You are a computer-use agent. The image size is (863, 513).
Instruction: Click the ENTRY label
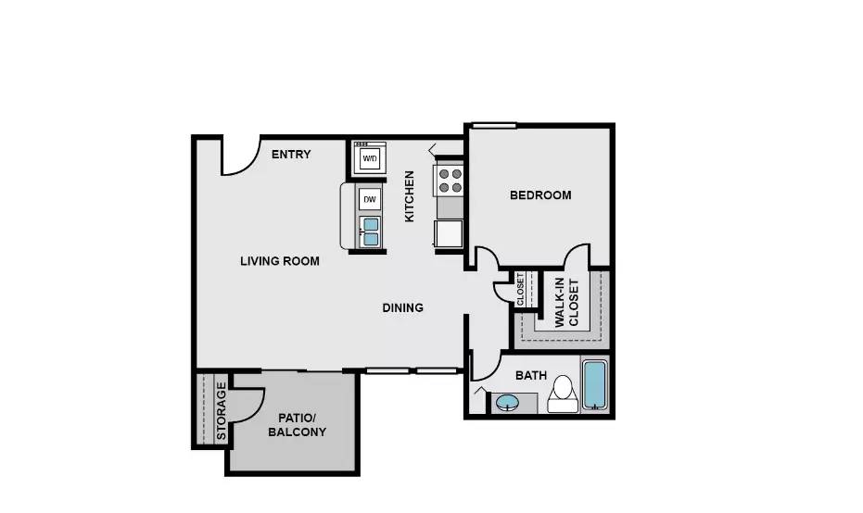coord(290,155)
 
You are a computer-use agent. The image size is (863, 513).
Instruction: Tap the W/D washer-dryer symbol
coord(370,159)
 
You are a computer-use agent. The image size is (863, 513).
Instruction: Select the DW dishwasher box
coord(370,199)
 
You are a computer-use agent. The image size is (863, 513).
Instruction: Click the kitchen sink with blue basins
coord(370,231)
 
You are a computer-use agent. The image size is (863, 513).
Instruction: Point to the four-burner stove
coord(451,180)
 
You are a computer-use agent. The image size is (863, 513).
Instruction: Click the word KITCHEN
coord(409,196)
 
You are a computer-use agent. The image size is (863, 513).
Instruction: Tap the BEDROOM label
coord(540,195)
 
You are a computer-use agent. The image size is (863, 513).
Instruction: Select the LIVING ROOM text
coord(279,261)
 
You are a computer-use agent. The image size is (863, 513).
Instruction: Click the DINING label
coord(403,307)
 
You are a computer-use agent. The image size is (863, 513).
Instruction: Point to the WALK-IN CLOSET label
coord(566,303)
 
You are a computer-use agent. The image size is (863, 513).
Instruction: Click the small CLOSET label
coord(520,288)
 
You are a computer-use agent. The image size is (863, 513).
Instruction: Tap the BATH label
coord(531,376)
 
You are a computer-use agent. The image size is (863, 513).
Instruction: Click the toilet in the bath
coord(562,394)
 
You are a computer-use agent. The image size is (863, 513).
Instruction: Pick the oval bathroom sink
coord(507,403)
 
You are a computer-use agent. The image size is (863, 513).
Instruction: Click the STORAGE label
coord(222,410)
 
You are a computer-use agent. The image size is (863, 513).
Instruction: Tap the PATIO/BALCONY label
coord(297,424)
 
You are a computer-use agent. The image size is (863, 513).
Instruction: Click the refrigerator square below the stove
coord(450,233)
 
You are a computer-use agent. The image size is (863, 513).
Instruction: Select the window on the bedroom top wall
coord(494,125)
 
